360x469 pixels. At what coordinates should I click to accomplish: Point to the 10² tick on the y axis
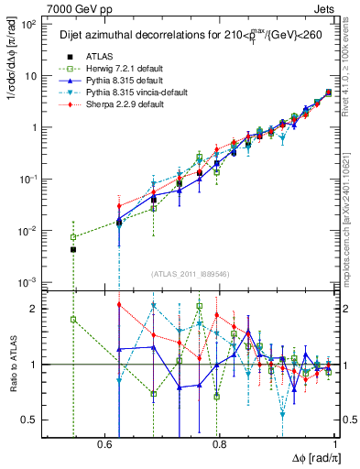(28, 24)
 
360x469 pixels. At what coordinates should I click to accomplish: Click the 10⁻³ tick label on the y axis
(28, 281)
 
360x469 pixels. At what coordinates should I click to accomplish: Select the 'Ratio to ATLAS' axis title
(10, 365)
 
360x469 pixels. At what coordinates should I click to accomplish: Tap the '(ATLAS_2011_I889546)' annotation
(191, 274)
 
